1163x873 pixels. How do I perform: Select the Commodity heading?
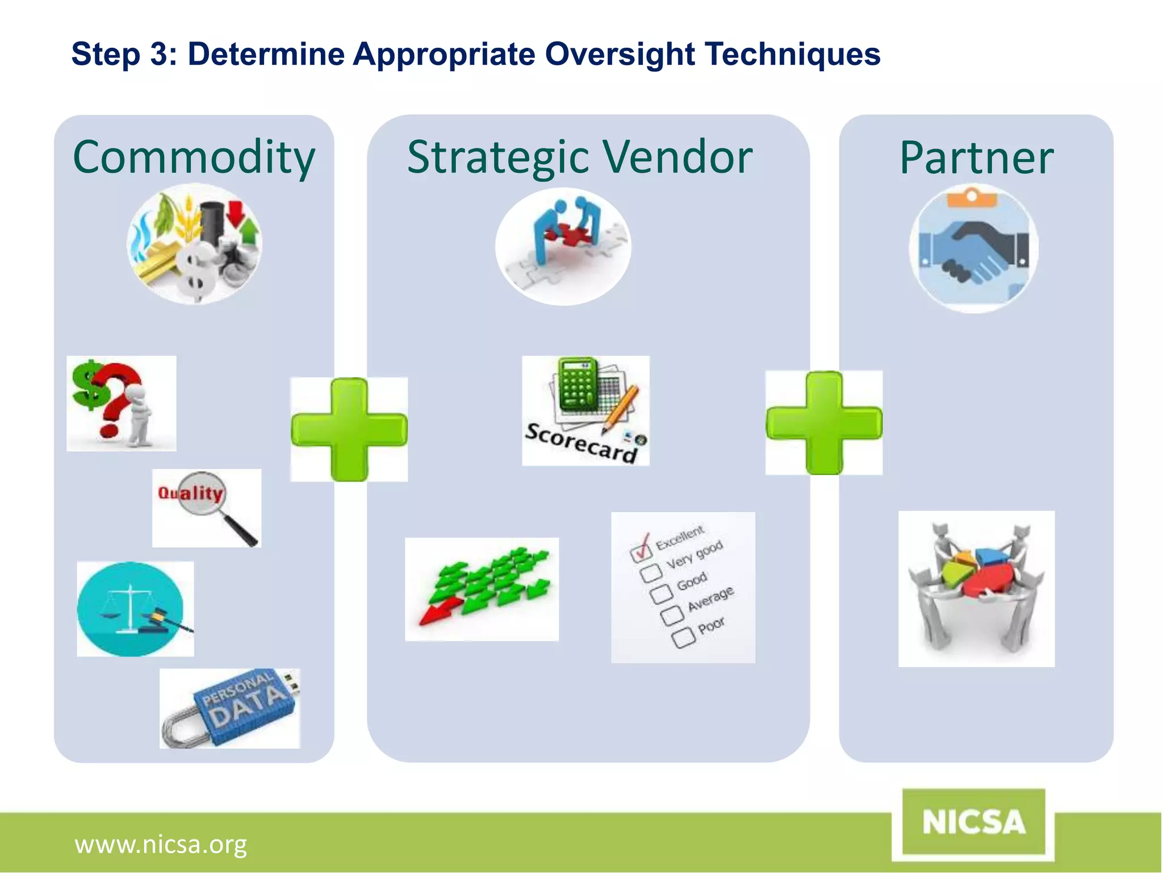pyautogui.click(x=194, y=157)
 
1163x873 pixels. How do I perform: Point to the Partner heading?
pyautogui.click(x=976, y=159)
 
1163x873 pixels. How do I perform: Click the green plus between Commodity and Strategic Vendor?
pyautogui.click(x=349, y=430)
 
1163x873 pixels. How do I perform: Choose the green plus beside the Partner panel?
pyautogui.click(x=823, y=423)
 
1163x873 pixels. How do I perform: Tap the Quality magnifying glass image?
pyautogui.click(x=207, y=508)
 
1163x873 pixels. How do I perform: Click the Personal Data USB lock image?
pyautogui.click(x=229, y=709)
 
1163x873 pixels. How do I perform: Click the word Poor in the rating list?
pyautogui.click(x=711, y=625)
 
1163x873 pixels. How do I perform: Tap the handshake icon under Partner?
pyautogui.click(x=973, y=249)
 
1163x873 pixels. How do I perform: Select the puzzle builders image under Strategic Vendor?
pyautogui.click(x=563, y=246)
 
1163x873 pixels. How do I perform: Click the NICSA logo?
pyautogui.click(x=973, y=822)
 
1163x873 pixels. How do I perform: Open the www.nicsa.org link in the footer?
pyautogui.click(x=161, y=845)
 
